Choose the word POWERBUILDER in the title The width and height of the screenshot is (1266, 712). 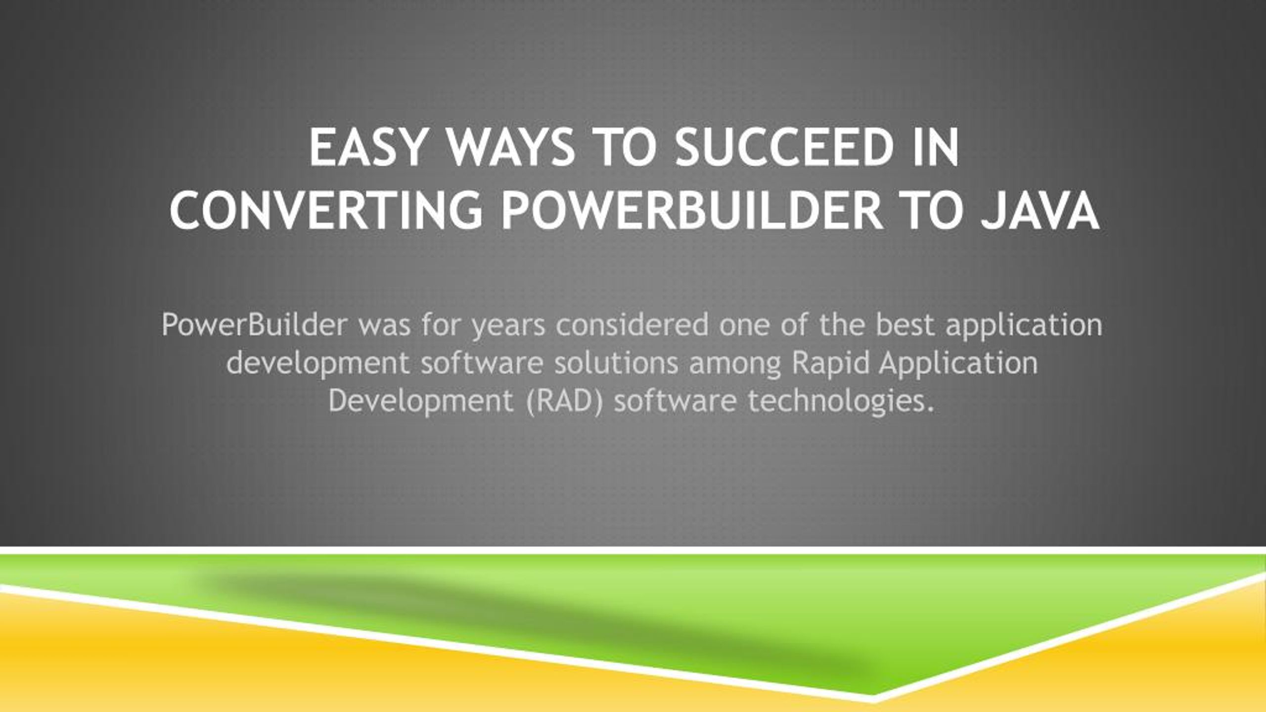(692, 211)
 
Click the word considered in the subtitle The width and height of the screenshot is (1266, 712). (632, 325)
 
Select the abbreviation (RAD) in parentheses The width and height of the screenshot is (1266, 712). (564, 401)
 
